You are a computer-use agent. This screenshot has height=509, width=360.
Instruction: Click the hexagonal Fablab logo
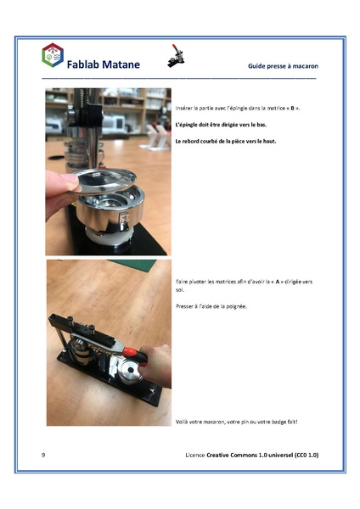point(52,55)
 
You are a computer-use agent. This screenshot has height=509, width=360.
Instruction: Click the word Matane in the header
point(119,64)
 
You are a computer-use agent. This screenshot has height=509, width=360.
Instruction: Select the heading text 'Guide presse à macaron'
point(283,65)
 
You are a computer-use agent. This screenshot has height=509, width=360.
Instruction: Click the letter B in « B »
point(292,109)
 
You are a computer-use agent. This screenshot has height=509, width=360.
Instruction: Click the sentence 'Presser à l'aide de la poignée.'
point(211,305)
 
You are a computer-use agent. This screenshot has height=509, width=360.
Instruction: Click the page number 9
point(43,456)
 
